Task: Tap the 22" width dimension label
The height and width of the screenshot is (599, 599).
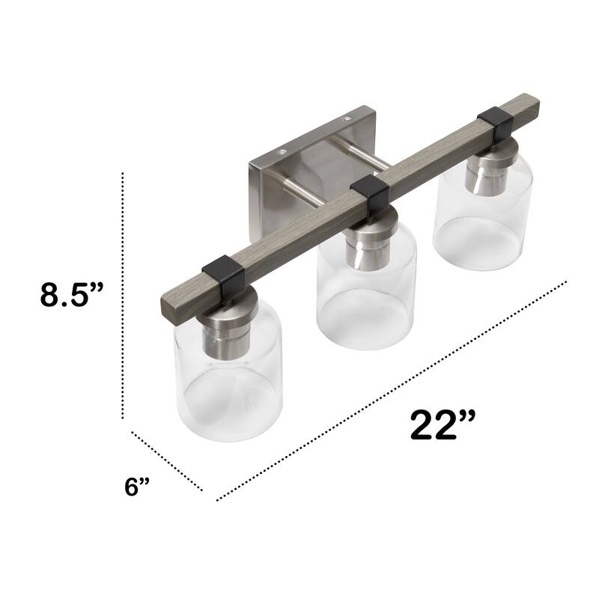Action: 443,425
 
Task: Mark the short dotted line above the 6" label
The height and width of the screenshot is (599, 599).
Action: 166,460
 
